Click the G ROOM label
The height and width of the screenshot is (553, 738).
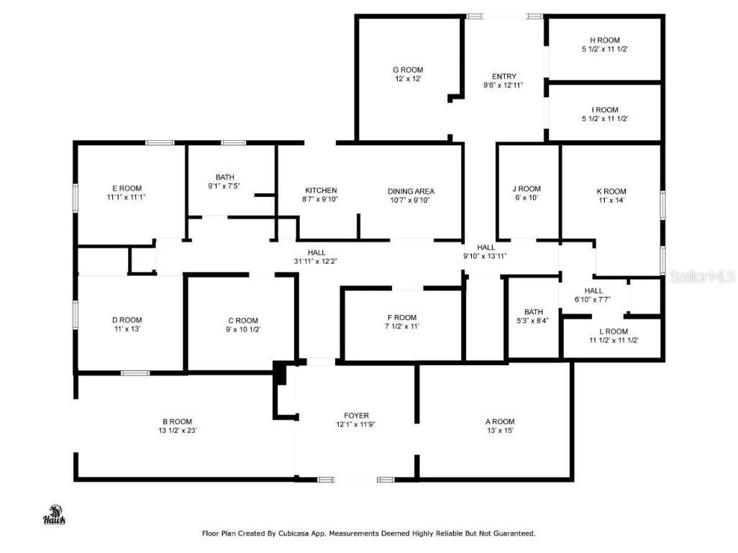(x=408, y=70)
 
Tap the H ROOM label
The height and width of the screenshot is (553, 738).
(x=604, y=40)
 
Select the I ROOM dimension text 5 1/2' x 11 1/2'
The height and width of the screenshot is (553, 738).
(x=604, y=119)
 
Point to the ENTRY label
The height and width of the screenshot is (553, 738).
(x=504, y=76)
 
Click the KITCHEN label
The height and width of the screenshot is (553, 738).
(x=321, y=191)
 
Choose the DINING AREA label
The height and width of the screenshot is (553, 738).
(x=411, y=191)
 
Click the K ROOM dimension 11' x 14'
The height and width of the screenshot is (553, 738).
(x=611, y=201)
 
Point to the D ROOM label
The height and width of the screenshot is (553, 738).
(x=127, y=320)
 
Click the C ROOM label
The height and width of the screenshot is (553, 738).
(x=243, y=321)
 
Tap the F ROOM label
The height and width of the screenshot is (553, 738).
(x=401, y=317)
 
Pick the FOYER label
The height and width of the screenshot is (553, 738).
(x=356, y=416)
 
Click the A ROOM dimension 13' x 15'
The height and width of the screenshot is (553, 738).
(x=499, y=431)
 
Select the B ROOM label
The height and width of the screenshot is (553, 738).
(x=177, y=421)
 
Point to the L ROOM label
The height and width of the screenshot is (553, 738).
(x=614, y=332)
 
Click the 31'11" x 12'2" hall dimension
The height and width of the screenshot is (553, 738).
(x=316, y=262)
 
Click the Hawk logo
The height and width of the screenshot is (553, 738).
(x=54, y=516)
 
